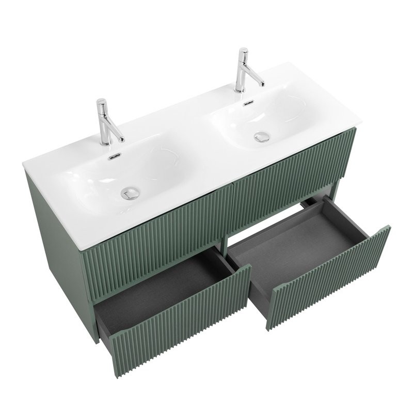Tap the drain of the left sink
point(130,193)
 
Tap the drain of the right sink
point(262,137)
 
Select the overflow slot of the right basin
point(249,103)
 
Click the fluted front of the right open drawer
point(330,279)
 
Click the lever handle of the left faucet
point(103,106)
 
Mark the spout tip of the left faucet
point(122,139)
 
